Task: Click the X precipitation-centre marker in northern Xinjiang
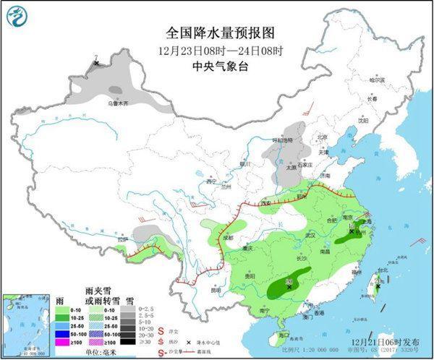[x=97, y=64]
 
